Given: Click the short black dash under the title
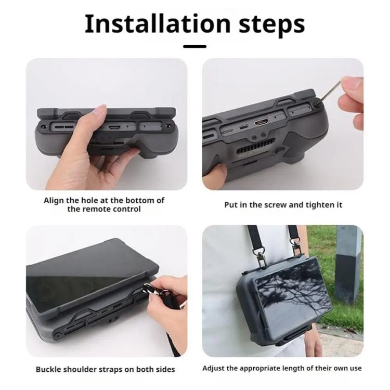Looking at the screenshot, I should (194, 46).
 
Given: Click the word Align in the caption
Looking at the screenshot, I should (54, 200).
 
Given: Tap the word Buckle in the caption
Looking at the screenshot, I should (48, 369).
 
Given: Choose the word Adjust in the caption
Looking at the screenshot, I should (214, 369).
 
